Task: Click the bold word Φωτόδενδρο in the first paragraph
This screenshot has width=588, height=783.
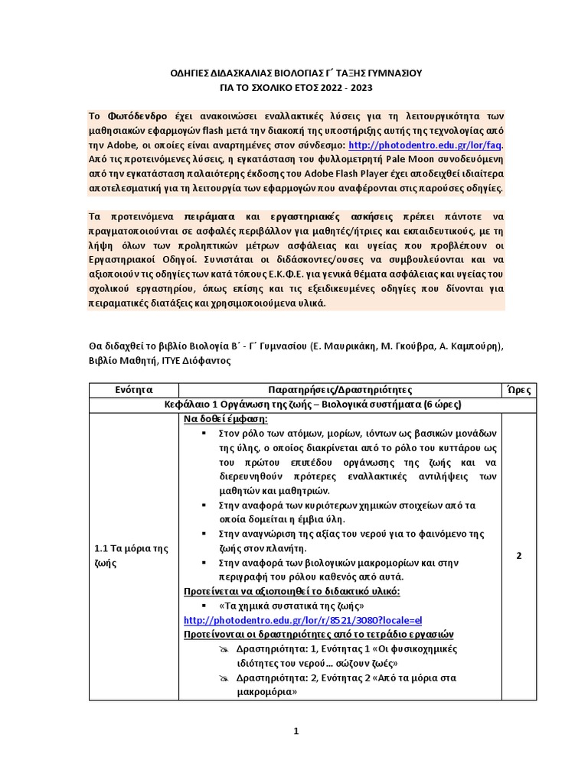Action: [x=134, y=115]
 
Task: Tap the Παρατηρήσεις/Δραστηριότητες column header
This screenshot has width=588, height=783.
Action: [x=340, y=390]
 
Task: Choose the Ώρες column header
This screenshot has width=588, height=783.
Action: [x=518, y=390]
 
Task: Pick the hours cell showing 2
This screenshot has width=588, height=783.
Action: [x=518, y=555]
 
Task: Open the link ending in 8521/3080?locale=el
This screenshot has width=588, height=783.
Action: [x=303, y=619]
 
